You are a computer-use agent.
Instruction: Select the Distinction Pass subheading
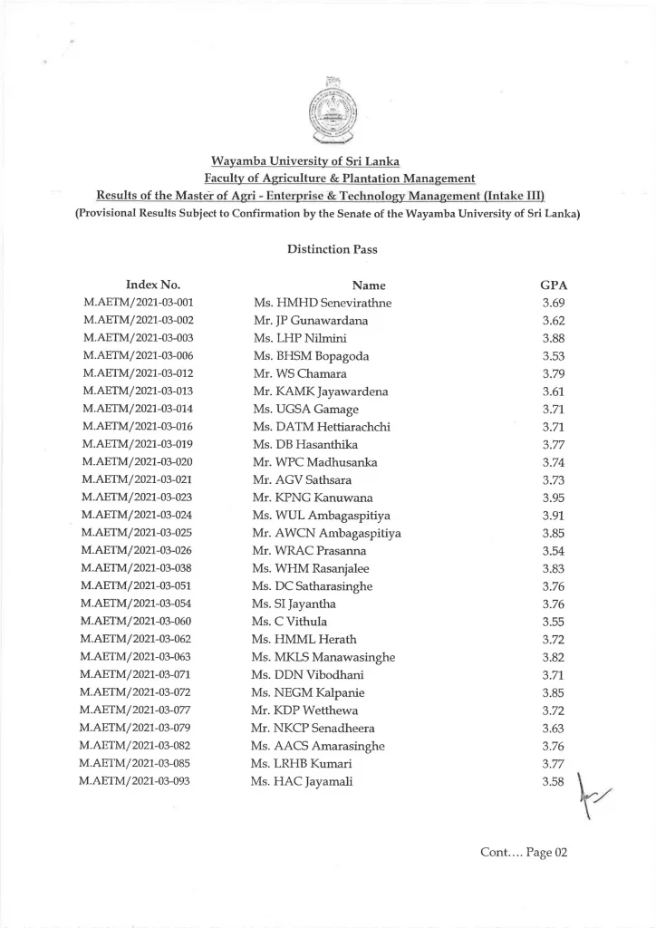click(x=327, y=247)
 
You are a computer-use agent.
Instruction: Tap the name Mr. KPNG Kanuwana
click(x=313, y=498)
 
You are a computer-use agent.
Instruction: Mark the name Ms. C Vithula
click(x=289, y=622)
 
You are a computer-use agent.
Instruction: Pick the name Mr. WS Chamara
click(x=300, y=373)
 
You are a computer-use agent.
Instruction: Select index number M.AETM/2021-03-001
click(x=138, y=303)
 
